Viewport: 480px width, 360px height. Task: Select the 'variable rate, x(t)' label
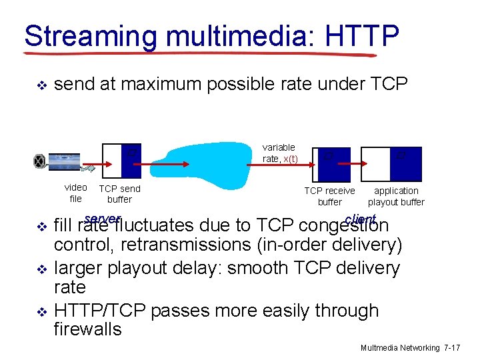[x=280, y=153]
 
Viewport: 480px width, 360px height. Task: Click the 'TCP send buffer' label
[x=119, y=194]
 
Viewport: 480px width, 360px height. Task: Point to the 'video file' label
[x=75, y=193]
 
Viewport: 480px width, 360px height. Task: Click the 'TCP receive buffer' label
[x=329, y=196]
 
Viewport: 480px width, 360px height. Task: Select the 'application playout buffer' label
[x=396, y=196]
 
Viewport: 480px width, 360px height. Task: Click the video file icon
[x=57, y=161]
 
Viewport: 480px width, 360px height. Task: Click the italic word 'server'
[x=103, y=219]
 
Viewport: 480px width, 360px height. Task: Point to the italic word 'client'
[x=361, y=219]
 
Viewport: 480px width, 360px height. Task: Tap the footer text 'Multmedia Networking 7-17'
[x=410, y=348]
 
